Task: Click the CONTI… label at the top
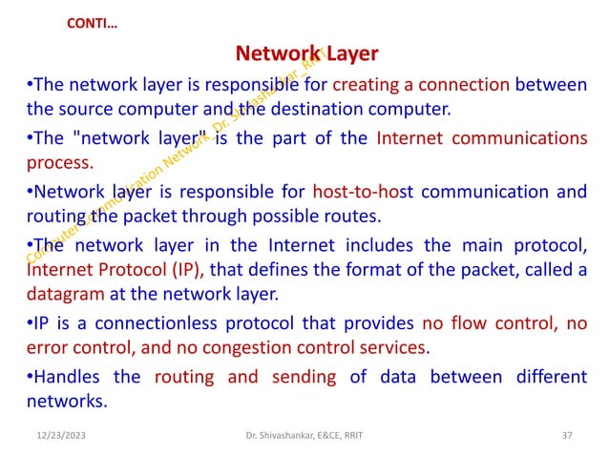pyautogui.click(x=94, y=21)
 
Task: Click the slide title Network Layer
pyautogui.click(x=306, y=52)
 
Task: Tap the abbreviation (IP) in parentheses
pyautogui.click(x=188, y=269)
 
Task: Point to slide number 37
pyautogui.click(x=568, y=436)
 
